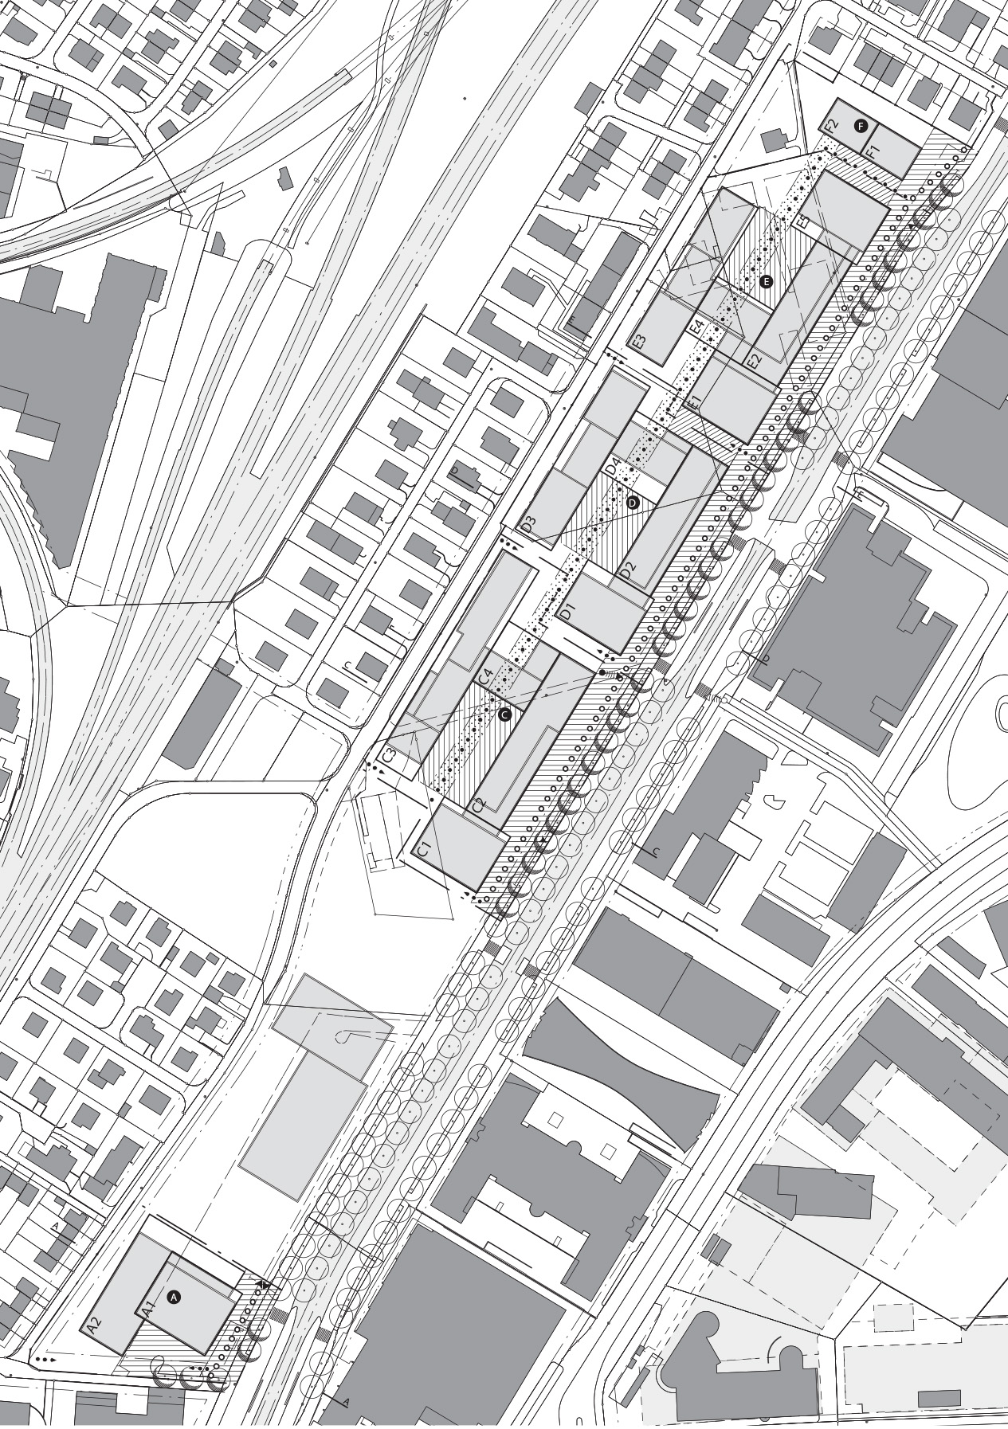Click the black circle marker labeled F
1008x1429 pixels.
point(860,125)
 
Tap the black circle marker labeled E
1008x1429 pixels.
point(767,281)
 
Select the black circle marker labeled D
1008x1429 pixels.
point(633,503)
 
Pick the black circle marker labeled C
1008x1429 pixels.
point(504,714)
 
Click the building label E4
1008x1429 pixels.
point(696,328)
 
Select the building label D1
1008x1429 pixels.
point(567,613)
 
